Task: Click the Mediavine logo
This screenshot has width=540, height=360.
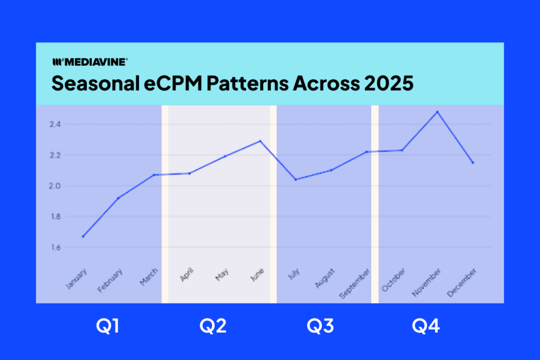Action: pos(89,62)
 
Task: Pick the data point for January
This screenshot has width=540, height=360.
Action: pos(83,237)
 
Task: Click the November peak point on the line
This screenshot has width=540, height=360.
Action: pos(437,112)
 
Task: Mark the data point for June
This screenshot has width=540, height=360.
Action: pos(260,141)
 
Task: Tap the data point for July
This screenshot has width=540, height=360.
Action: pos(295,180)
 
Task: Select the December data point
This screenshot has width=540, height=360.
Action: pos(472,163)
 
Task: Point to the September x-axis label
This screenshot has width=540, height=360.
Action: pos(355,284)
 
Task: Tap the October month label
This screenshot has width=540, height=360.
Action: pos(394,280)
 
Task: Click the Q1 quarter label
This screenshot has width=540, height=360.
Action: pos(108,327)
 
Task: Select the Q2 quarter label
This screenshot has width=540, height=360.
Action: pos(213,327)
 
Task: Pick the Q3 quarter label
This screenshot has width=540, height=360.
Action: pos(320,327)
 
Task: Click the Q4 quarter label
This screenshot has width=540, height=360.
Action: pos(425,327)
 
